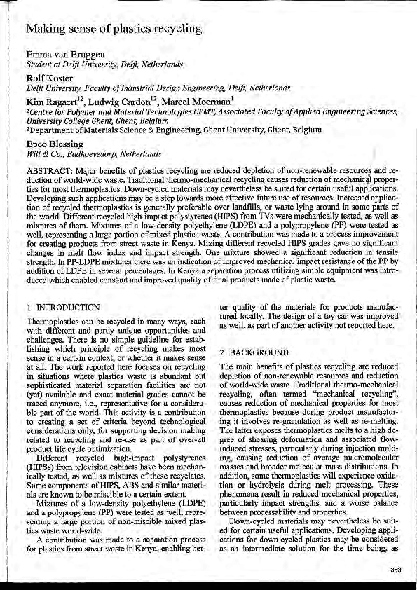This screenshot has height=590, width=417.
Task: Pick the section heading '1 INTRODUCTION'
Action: coord(63,308)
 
